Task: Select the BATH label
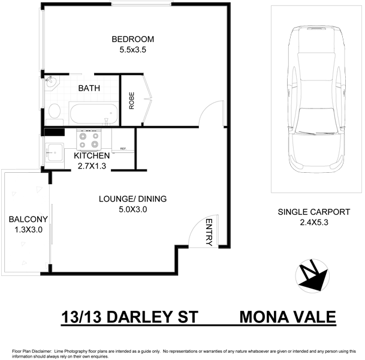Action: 89,89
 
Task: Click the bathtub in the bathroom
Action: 92,112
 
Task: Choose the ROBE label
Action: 131,100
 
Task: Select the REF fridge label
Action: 123,149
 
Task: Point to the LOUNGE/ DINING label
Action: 133,199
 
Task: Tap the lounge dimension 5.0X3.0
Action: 133,209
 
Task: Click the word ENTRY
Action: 209,232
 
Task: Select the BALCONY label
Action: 25,219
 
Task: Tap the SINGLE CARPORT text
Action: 313,212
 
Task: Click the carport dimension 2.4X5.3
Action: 313,223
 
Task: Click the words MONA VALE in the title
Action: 287,316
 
